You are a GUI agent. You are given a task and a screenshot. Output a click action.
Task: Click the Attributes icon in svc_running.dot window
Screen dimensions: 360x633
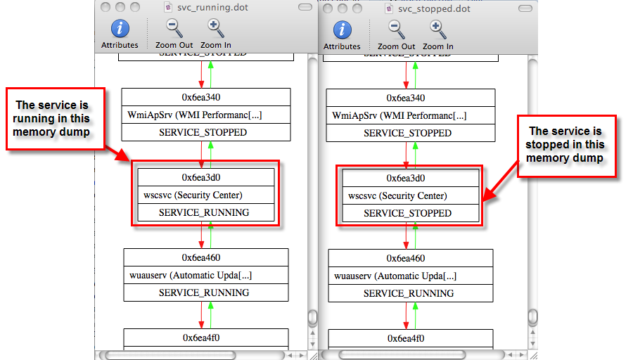click(x=120, y=29)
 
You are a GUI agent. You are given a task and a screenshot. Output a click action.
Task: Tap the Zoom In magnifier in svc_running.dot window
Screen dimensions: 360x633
click(x=216, y=29)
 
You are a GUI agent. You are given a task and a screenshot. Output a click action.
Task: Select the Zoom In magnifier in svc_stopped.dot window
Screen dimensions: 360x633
click(x=437, y=30)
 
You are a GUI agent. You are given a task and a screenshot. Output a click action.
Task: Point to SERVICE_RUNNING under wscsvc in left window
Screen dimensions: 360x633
click(x=203, y=212)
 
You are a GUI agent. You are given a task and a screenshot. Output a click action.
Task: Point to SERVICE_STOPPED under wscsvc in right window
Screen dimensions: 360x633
click(x=409, y=213)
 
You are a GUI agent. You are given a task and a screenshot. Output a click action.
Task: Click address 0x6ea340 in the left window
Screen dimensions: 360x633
click(x=205, y=98)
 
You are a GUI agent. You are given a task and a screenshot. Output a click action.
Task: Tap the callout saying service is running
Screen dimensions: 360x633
click(x=56, y=118)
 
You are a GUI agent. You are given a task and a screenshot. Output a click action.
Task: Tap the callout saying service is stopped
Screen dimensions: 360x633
click(x=566, y=144)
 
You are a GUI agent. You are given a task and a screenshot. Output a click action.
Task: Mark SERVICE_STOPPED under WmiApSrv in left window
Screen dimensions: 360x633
click(x=203, y=132)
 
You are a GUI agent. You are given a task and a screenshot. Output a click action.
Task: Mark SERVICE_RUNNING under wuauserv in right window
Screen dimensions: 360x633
click(x=409, y=293)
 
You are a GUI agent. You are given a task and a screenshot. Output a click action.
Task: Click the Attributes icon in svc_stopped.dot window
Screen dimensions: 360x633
click(x=342, y=30)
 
